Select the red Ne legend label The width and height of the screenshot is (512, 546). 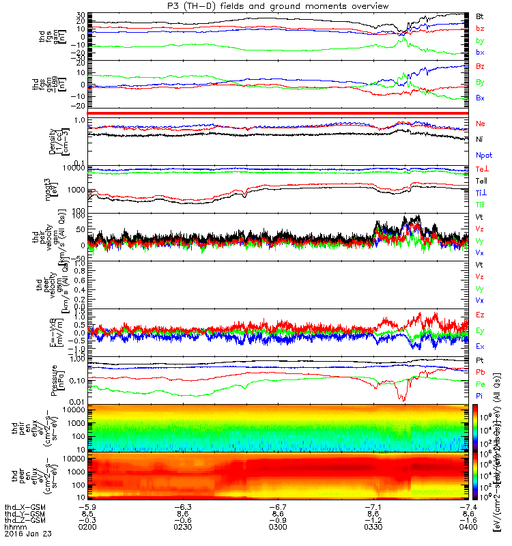481,124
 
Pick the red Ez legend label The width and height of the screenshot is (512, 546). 480,315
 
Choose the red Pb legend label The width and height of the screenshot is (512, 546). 480,372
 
